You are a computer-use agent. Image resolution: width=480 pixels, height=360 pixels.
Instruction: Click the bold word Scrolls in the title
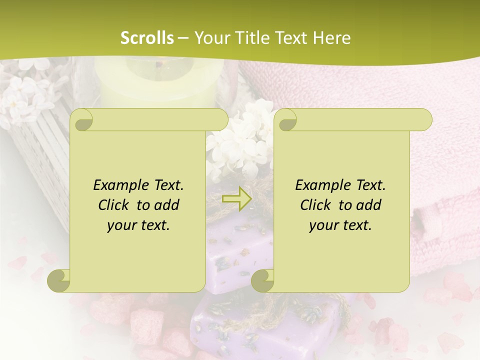coord(147,38)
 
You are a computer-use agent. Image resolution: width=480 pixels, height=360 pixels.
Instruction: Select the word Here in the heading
coord(332,38)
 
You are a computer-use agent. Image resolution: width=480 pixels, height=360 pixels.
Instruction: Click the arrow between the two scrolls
coord(237,198)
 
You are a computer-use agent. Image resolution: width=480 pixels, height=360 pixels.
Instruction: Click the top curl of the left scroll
coord(83,120)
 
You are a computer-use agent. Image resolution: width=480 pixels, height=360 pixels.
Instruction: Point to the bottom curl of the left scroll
coord(58,280)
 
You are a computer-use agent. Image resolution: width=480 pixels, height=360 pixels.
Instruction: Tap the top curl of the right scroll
coord(287,120)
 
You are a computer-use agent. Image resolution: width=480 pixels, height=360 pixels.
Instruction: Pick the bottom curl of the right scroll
coord(262,280)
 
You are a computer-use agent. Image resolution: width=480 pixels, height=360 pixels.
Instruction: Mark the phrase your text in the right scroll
coord(340,225)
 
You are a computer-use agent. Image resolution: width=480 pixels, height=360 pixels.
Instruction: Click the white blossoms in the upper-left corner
coord(25,95)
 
